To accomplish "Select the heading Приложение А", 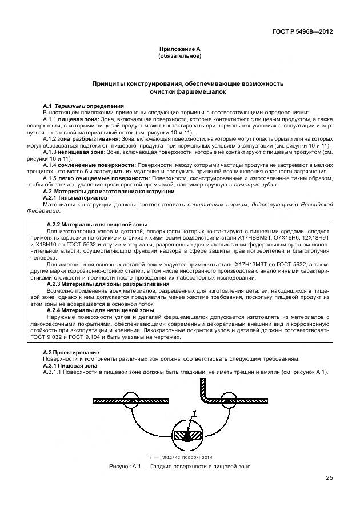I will pyautogui.click(x=179, y=50).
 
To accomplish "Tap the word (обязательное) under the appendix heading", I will pyautogui.click(x=179, y=57).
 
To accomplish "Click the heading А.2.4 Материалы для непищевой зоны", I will pyautogui.click(x=99, y=309).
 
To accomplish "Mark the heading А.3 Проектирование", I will pyautogui.click(x=71, y=352).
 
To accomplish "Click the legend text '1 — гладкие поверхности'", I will pyautogui.click(x=180, y=457).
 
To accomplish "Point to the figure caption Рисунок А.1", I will pyautogui.click(x=179, y=467).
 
